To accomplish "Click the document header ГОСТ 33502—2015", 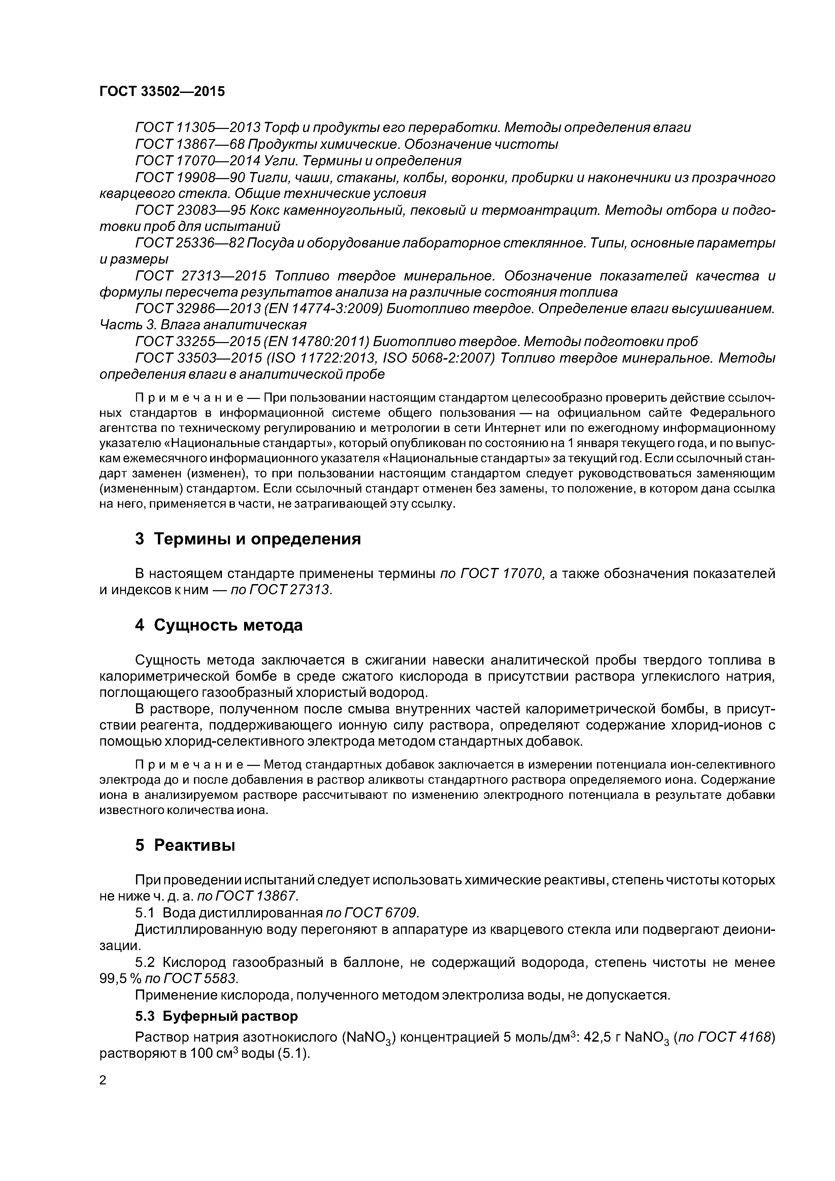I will coord(162,92).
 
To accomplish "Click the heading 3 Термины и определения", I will coord(247,539).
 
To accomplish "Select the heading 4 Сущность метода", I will coord(219,626).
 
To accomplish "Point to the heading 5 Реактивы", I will coord(185,845).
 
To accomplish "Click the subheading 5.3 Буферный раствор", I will coord(216,1016).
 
